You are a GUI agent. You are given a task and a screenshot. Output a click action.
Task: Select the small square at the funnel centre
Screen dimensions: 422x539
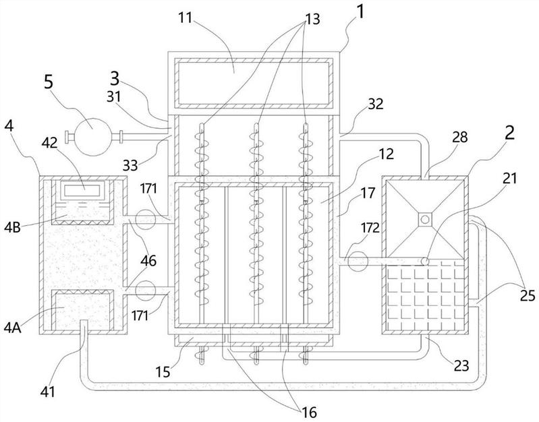[x=423, y=220]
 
